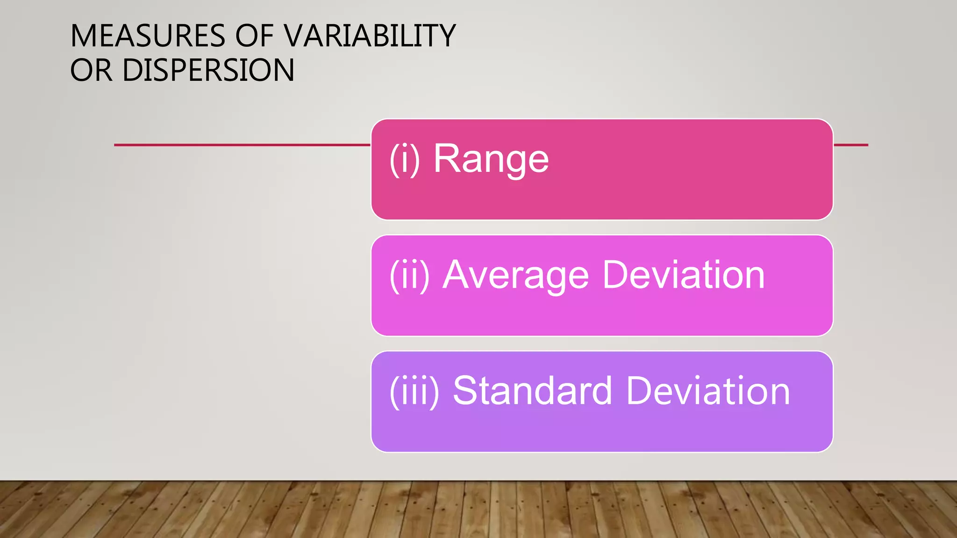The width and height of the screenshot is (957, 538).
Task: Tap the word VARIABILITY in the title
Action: (370, 36)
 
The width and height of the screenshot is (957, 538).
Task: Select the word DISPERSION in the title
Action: (208, 71)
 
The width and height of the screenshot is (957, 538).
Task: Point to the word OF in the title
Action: (255, 36)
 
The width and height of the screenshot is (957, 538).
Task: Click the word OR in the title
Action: (91, 71)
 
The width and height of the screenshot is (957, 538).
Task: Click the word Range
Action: (491, 159)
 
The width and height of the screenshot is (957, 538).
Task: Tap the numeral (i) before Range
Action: (405, 159)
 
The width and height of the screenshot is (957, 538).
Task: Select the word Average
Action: (516, 276)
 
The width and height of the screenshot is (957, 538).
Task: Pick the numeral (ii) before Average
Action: (410, 276)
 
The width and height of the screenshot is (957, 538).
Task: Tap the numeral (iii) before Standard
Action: (414, 391)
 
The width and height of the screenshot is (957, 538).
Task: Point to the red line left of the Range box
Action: (242, 145)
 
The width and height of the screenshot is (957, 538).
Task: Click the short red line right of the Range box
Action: (850, 145)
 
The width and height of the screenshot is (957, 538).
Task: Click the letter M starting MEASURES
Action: (83, 36)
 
